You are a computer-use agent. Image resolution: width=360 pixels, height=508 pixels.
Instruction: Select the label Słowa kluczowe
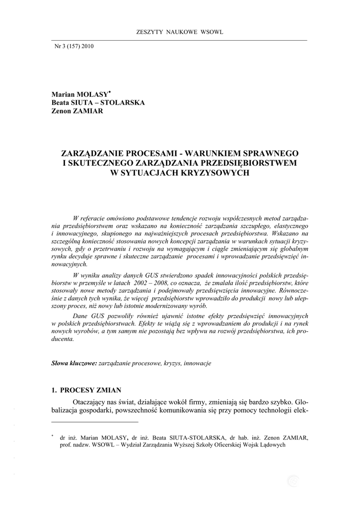tap(74, 363)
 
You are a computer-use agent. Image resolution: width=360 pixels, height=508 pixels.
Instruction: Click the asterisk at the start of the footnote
tap(52, 436)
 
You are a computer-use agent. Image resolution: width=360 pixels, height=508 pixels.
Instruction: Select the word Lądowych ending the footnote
tap(269, 445)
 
